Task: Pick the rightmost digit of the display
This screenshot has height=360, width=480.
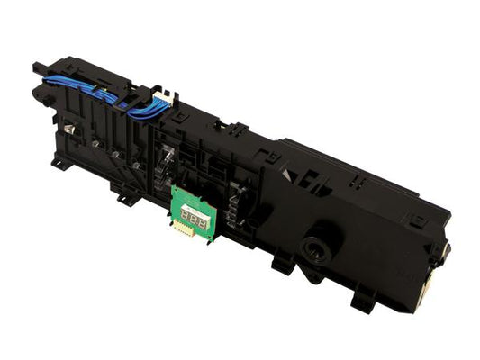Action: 202,219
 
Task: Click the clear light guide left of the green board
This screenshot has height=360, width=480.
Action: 166,162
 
